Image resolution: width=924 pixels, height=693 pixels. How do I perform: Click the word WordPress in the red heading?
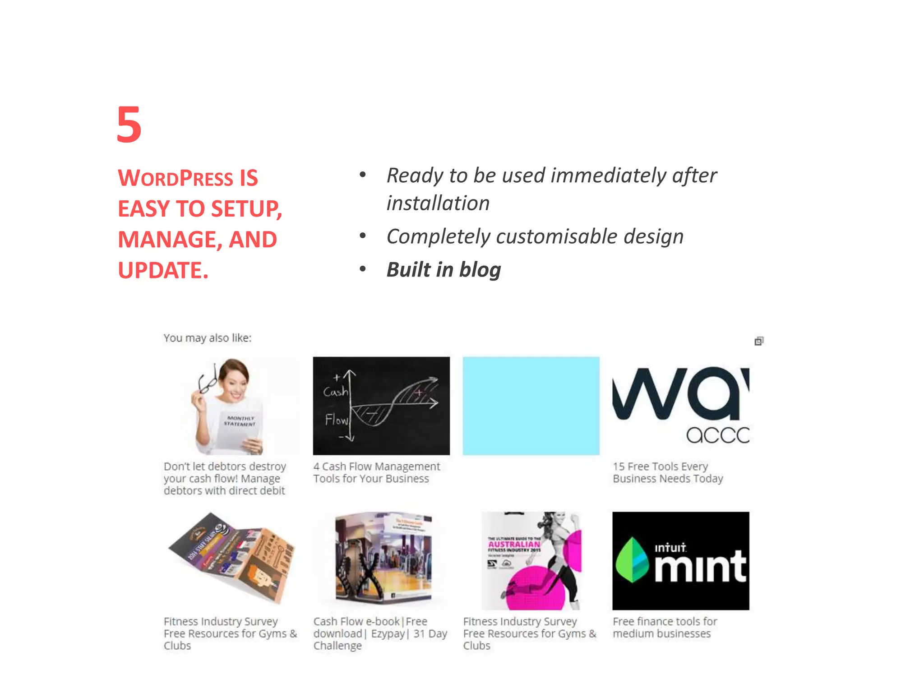176,178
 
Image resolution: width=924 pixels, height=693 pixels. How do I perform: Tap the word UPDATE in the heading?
160,271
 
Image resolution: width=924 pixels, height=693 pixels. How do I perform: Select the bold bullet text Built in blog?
444,270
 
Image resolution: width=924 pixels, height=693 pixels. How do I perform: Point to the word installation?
438,203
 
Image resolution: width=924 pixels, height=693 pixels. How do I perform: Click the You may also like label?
207,338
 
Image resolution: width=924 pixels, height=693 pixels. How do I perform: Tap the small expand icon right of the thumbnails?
759,341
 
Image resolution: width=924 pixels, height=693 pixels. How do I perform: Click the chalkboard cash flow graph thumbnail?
381,406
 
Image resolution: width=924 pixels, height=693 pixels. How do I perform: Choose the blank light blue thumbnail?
531,406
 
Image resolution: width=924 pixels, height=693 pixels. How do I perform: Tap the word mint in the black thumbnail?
700,566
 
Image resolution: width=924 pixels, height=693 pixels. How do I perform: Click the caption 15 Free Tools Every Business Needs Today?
667,472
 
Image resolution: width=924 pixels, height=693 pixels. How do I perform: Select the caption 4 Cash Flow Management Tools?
376,472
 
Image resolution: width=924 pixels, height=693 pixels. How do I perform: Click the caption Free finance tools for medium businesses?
664,628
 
